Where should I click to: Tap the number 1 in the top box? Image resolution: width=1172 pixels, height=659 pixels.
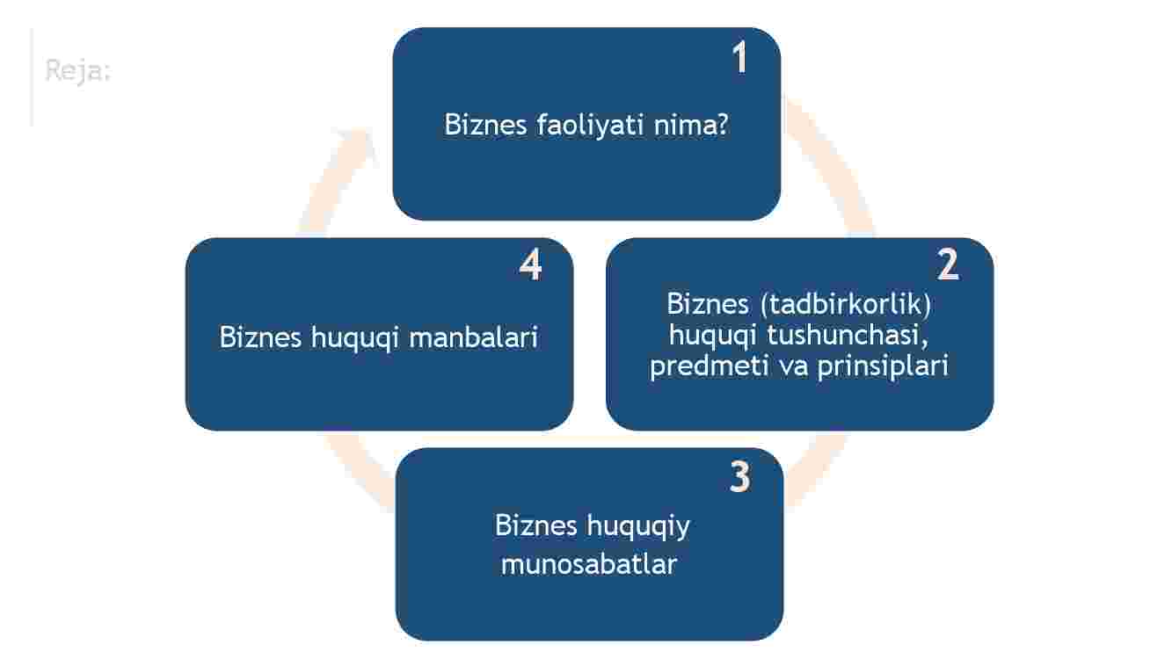pyautogui.click(x=739, y=57)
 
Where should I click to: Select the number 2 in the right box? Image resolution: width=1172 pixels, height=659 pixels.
pyautogui.click(x=948, y=264)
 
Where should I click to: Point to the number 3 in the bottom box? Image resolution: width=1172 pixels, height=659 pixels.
pyautogui.click(x=739, y=476)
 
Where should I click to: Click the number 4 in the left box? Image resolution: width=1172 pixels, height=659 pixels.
pyautogui.click(x=530, y=264)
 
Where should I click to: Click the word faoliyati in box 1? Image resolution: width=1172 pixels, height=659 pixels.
pyautogui.click(x=590, y=126)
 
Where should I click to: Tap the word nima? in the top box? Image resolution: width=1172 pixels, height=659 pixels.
pyautogui.click(x=691, y=125)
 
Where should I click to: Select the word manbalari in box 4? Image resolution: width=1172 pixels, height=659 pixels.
pyautogui.click(x=474, y=337)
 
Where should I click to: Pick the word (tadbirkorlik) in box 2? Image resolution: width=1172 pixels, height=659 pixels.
pyautogui.click(x=846, y=305)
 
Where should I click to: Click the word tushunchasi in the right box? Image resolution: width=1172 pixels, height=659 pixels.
pyautogui.click(x=848, y=335)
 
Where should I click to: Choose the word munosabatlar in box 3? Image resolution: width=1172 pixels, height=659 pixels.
pyautogui.click(x=589, y=564)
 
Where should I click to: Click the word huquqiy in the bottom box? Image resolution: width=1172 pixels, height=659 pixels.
pyautogui.click(x=637, y=526)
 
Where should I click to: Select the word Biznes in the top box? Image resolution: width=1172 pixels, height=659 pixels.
pyautogui.click(x=485, y=125)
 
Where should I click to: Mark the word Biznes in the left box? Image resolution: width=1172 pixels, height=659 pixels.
pyautogui.click(x=260, y=337)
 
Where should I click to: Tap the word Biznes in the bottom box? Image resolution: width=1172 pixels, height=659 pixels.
pyautogui.click(x=535, y=525)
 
